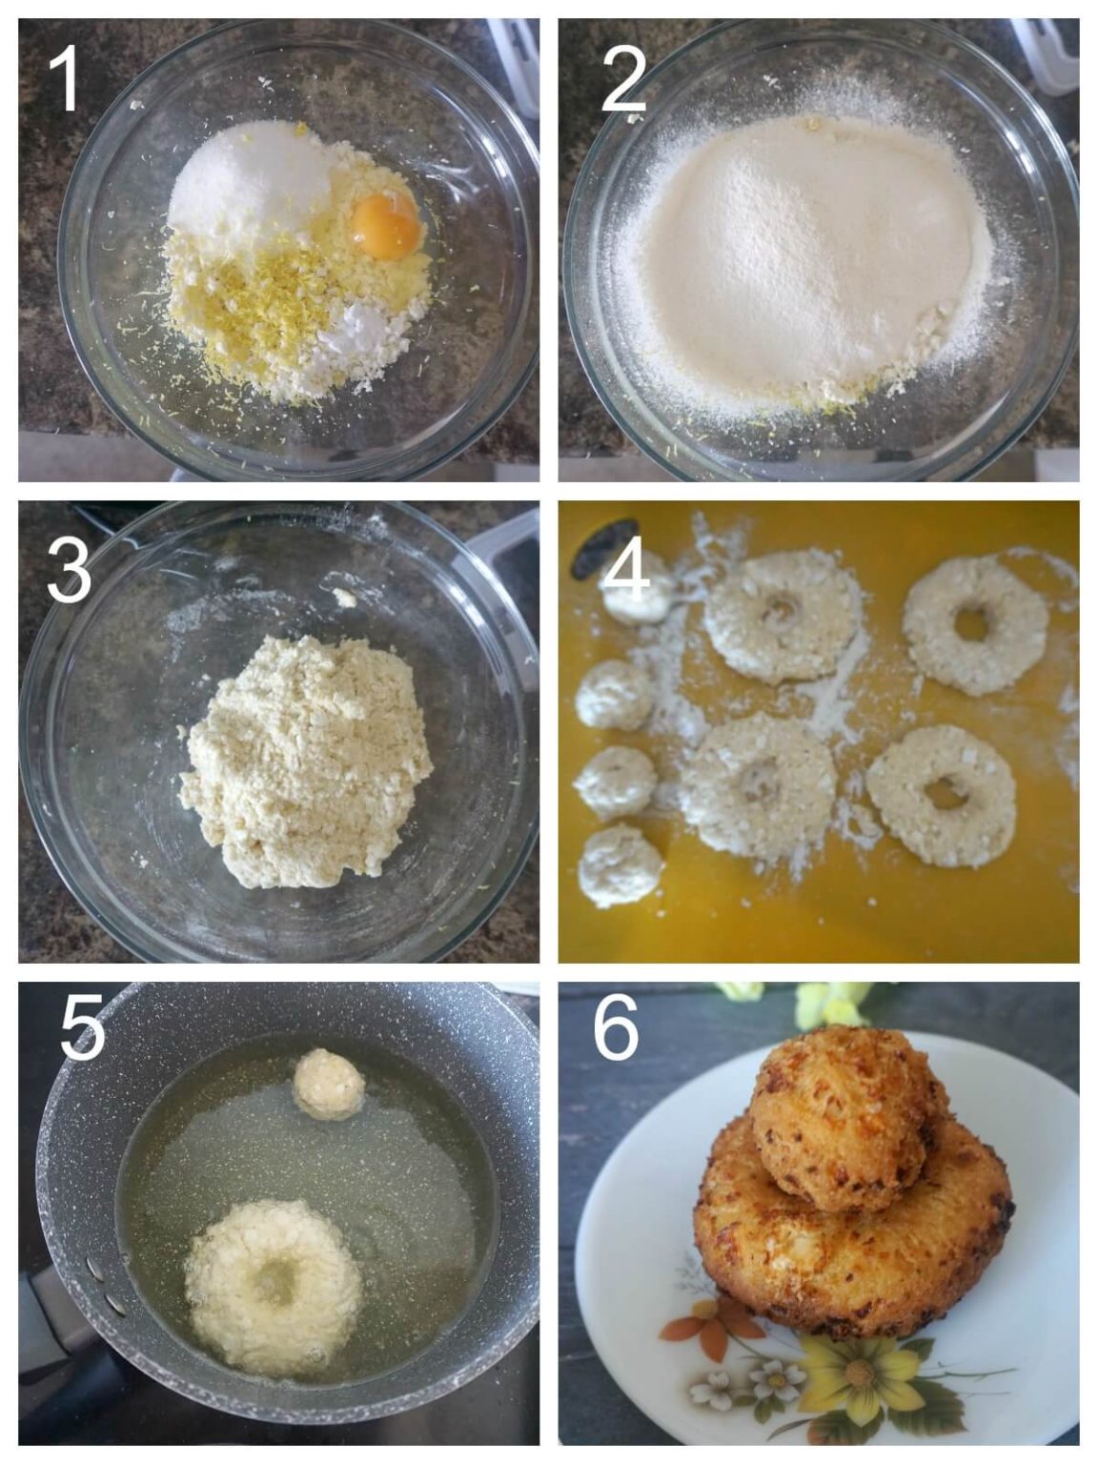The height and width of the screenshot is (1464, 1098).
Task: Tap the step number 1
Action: click(x=66, y=79)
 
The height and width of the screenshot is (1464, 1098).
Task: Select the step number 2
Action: click(x=624, y=79)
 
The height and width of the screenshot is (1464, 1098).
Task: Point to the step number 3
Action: click(x=68, y=569)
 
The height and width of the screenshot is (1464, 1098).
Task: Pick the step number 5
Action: click(x=82, y=1029)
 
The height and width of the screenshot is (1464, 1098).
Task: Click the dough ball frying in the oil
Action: click(x=328, y=1084)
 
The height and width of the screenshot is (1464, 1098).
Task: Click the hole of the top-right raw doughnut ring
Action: click(x=971, y=624)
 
